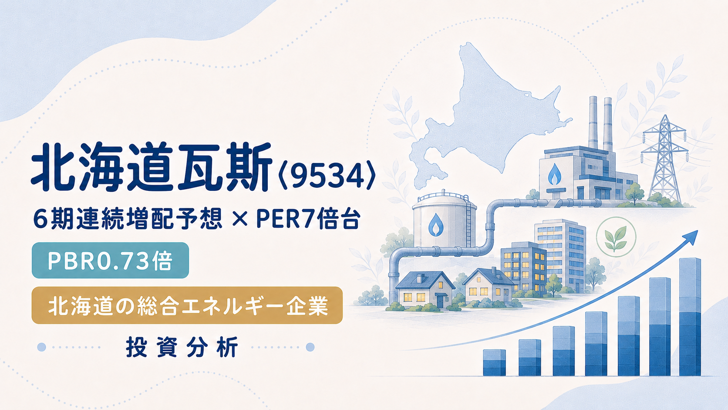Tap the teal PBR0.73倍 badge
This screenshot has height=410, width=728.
(x=110, y=261)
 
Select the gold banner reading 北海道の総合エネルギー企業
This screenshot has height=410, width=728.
(x=187, y=305)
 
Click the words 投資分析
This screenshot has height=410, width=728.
(x=182, y=347)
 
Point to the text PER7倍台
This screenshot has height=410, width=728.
(x=308, y=219)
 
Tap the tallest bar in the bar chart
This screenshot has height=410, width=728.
(x=690, y=317)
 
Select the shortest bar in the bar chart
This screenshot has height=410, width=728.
(x=494, y=363)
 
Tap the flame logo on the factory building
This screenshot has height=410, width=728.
(x=554, y=175)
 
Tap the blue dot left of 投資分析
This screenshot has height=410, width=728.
(x=42, y=347)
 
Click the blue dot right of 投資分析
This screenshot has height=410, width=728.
(x=310, y=347)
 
